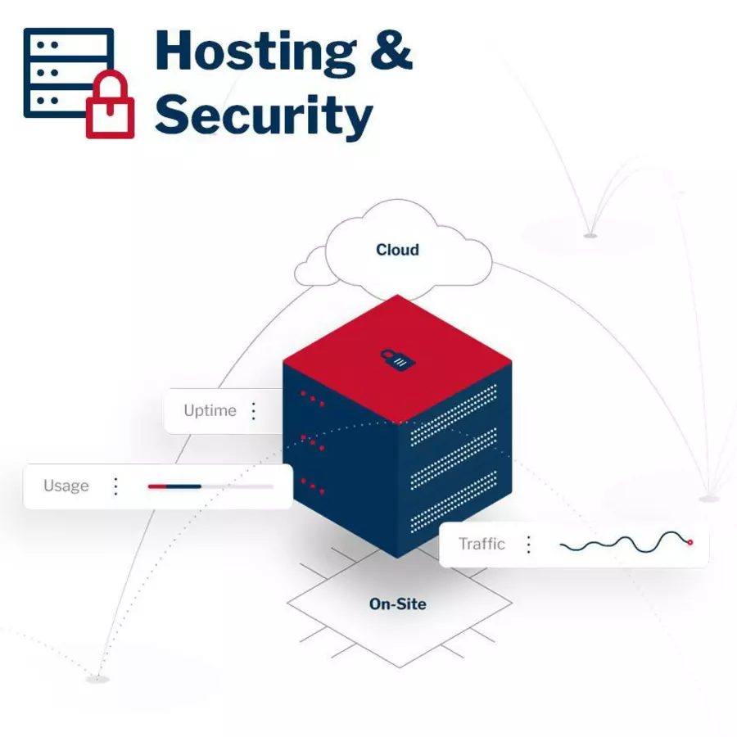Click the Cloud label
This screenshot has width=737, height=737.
click(x=397, y=250)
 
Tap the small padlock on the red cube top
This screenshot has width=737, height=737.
click(x=397, y=359)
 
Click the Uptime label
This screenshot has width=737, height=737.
click(x=210, y=411)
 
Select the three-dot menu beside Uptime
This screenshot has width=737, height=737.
click(x=254, y=411)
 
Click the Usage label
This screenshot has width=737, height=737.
click(x=66, y=486)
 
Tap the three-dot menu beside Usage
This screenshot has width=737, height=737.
click(x=115, y=486)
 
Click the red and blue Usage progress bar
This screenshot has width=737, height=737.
click(x=175, y=486)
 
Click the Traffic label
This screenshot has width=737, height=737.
click(x=482, y=544)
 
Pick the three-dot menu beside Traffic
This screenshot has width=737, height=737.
click(x=529, y=544)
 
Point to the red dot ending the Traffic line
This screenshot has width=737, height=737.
click(x=690, y=542)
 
